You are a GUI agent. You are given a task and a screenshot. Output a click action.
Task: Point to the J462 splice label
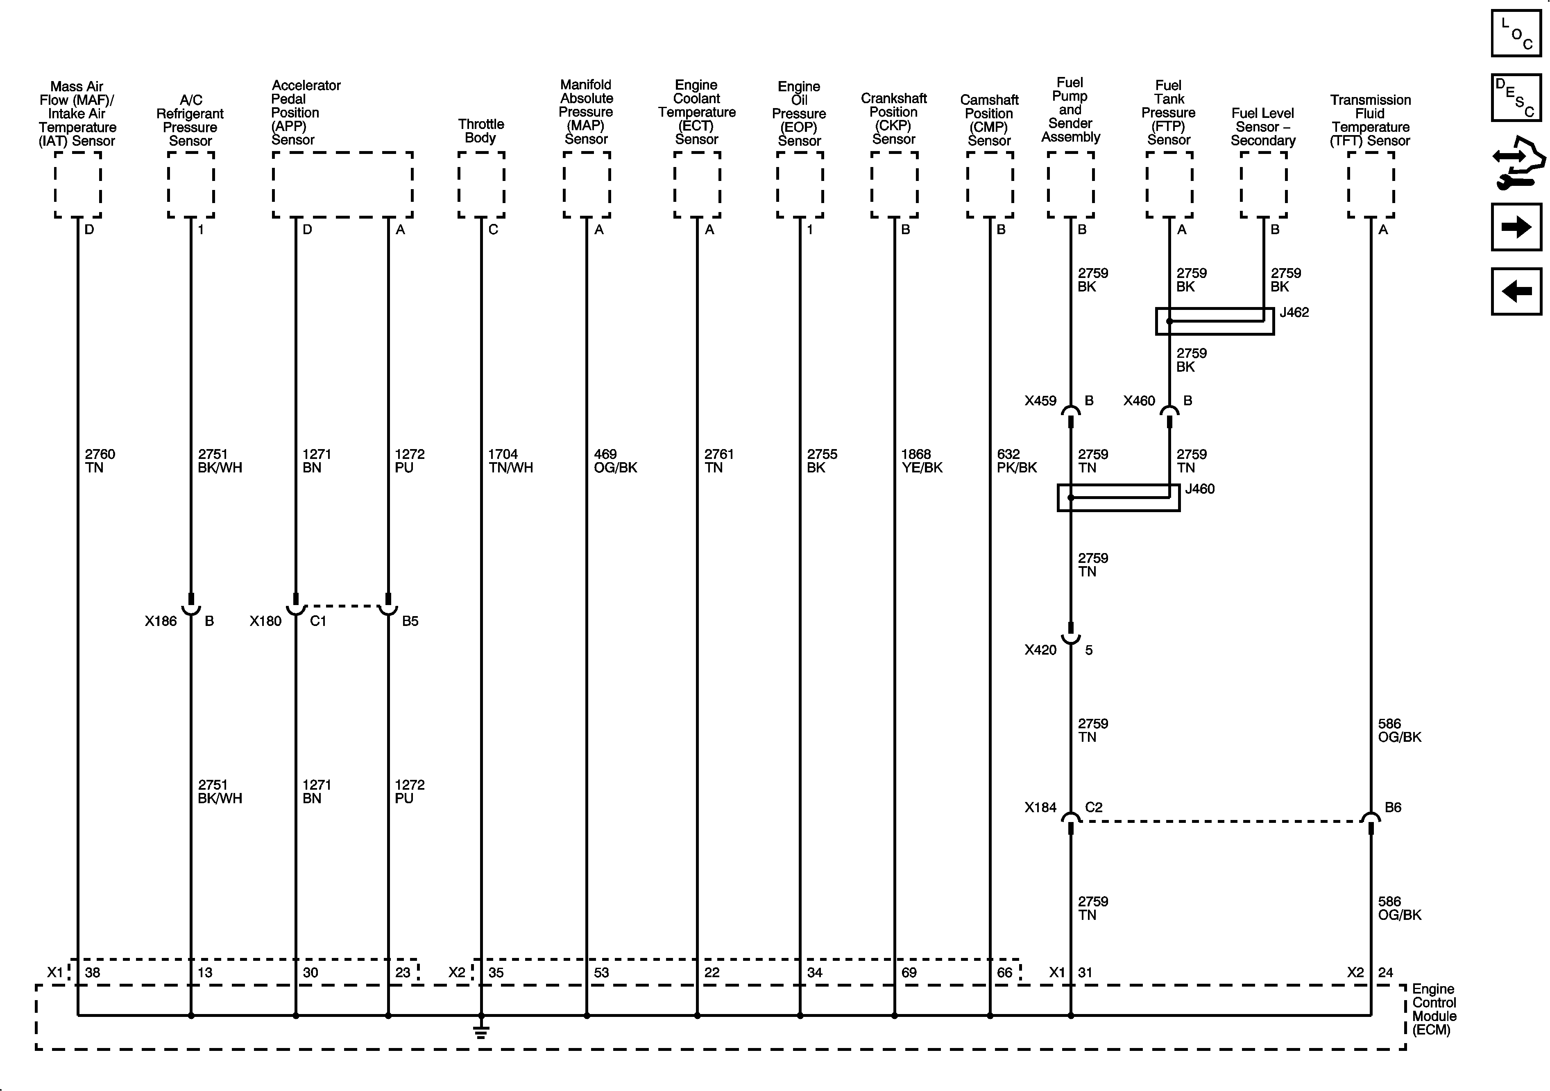pos(1294,312)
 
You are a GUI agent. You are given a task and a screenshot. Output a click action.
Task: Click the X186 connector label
pos(161,621)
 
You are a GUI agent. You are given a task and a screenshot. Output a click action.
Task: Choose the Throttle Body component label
pos(480,131)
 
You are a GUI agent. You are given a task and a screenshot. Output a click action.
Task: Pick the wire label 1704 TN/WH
pos(510,461)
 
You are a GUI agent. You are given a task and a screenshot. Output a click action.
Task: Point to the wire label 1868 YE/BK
pos(922,461)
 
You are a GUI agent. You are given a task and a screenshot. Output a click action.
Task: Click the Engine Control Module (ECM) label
pos(1434,1010)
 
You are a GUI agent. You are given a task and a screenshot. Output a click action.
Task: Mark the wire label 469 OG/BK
pos(615,461)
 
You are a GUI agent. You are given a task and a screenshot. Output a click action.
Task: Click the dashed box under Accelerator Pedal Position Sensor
pos(342,184)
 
